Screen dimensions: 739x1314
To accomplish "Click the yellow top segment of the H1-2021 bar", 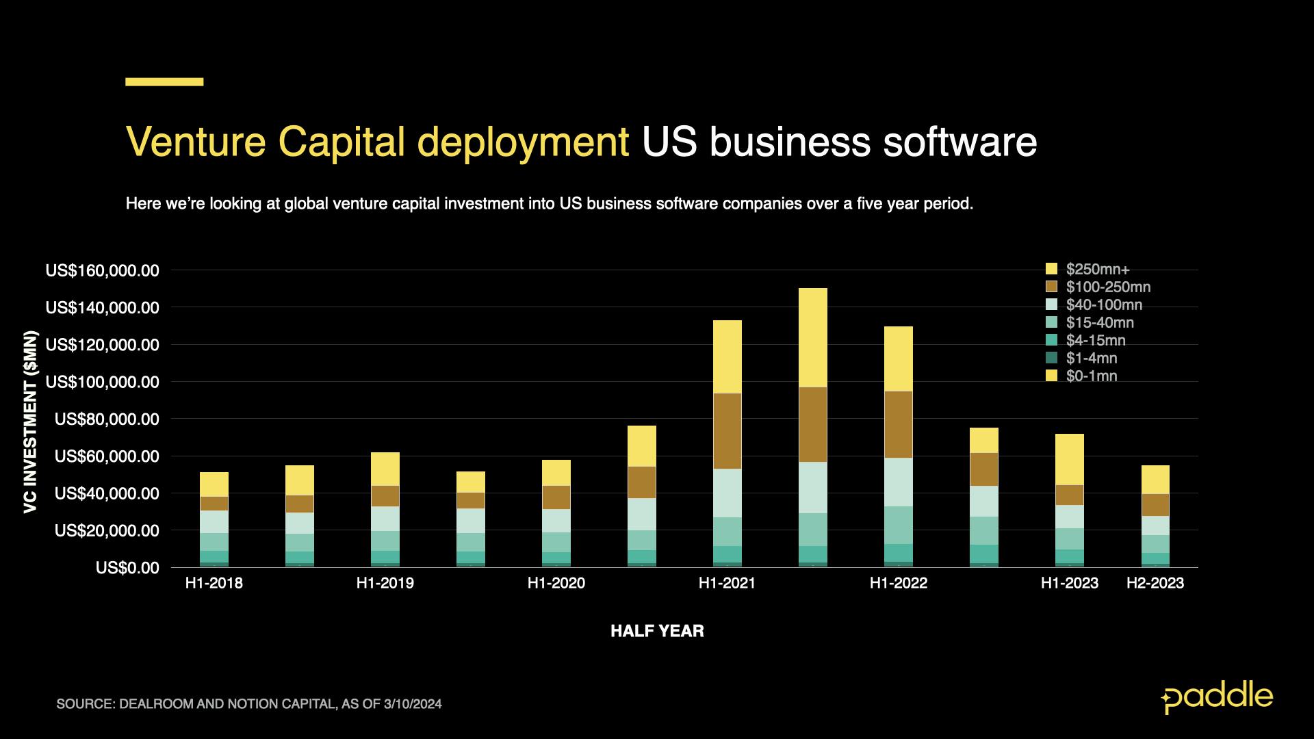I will pos(727,356).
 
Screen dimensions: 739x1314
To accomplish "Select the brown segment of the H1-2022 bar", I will pos(898,424).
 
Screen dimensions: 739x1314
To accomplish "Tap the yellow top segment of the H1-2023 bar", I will pos(1069,459).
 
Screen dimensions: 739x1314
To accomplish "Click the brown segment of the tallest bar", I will pos(812,424).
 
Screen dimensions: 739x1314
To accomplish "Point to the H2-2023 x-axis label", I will pos(1155,583).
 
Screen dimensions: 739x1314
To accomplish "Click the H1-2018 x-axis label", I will pos(214,583).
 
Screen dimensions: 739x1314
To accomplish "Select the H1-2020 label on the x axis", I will pos(556,583).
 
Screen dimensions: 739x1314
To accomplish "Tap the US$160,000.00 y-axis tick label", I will pos(102,271).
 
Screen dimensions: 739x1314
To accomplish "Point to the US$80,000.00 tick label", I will pos(106,419).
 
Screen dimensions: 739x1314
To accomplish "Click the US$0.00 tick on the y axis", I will pos(127,568).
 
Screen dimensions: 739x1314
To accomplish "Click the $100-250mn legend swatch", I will pos(1052,287).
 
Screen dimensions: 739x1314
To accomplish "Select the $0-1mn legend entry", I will pos(1091,376).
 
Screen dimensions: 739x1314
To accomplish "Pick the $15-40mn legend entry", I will pos(1099,322).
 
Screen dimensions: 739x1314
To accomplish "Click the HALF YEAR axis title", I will pos(657,631).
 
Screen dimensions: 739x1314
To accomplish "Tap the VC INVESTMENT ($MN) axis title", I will pos(31,422).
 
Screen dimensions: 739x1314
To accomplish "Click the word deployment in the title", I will pos(523,142).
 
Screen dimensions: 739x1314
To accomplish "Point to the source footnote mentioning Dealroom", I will pos(249,704).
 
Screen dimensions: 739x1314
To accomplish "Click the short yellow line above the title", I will pos(164,82).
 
